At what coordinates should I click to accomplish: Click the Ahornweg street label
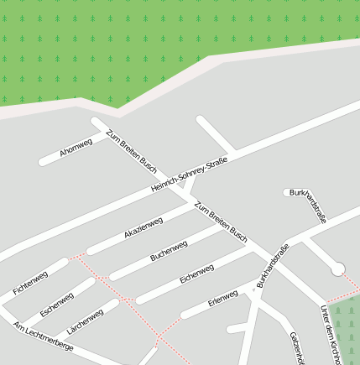pyautogui.click(x=76, y=149)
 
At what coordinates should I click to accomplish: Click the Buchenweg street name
pyautogui.click(x=169, y=250)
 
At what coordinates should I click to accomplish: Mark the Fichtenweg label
pyautogui.click(x=30, y=284)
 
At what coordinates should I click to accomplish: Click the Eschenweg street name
pyautogui.click(x=56, y=303)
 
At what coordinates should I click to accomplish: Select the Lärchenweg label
pyautogui.click(x=85, y=321)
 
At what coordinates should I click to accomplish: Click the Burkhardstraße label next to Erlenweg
pyautogui.click(x=273, y=265)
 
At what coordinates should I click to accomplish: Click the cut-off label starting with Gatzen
pyautogui.click(x=295, y=347)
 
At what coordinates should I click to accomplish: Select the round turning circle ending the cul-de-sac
pyautogui.click(x=338, y=269)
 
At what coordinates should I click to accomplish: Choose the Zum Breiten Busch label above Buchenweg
pyautogui.click(x=221, y=220)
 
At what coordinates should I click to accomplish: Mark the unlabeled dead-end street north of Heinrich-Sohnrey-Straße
pyautogui.click(x=217, y=133)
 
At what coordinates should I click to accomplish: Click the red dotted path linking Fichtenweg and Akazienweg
pyautogui.click(x=78, y=253)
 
